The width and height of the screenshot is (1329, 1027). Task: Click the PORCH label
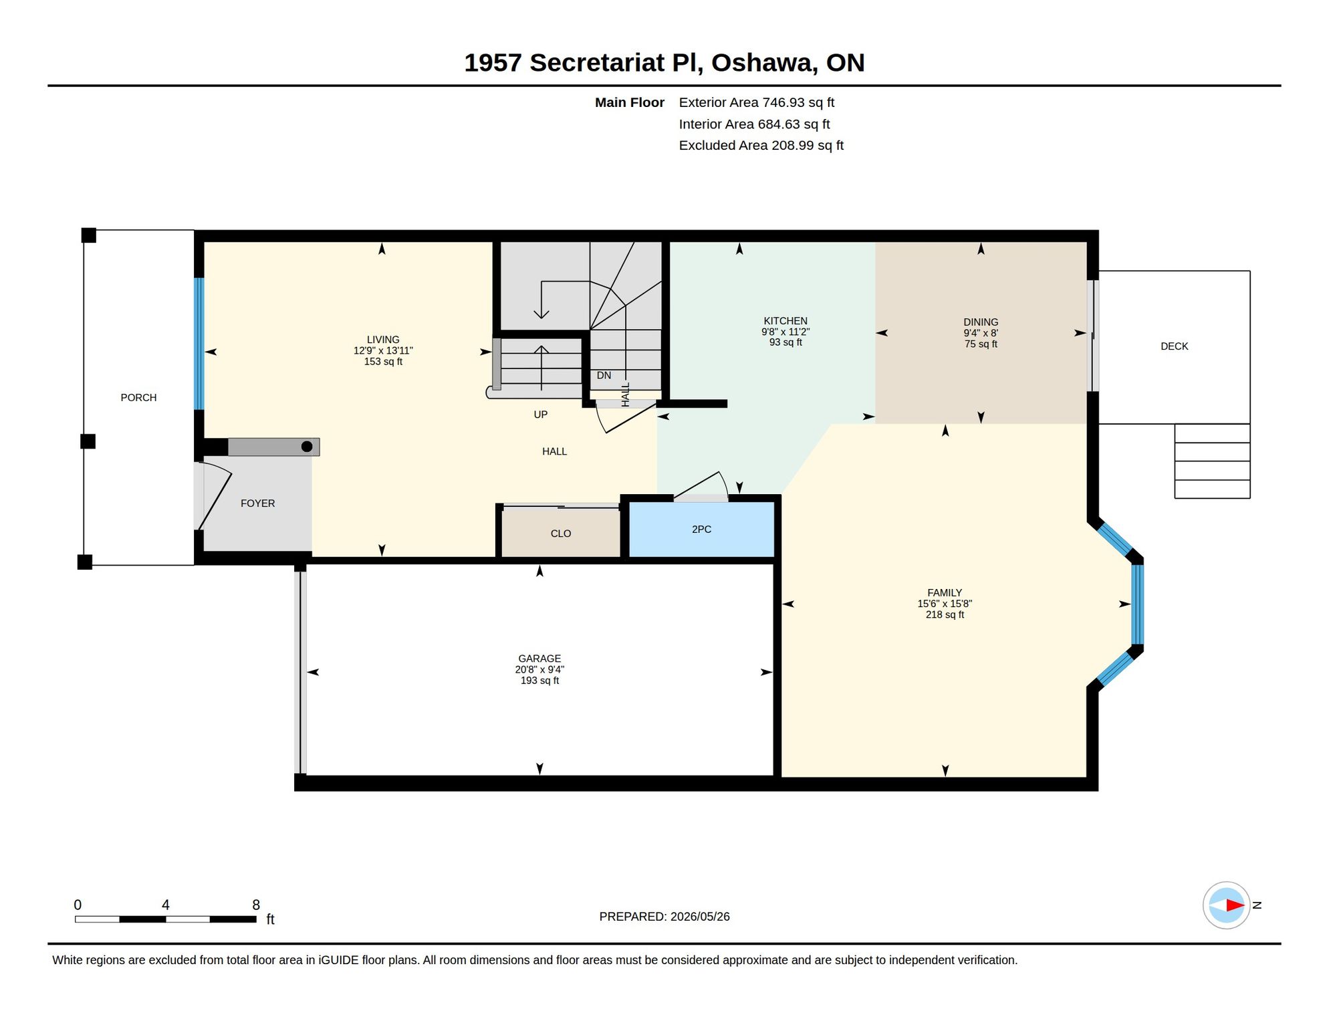[x=138, y=398]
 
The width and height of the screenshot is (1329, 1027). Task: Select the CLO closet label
[x=561, y=534]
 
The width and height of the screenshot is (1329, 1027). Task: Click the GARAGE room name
[x=539, y=659]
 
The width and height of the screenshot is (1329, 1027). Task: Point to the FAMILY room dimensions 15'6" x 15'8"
[x=945, y=604]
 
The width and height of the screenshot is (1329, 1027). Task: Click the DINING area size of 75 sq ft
[x=981, y=344]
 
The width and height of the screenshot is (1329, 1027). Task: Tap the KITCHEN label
[x=786, y=321]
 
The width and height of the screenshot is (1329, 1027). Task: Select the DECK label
[x=1175, y=346]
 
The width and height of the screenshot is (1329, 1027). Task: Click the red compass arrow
[x=1235, y=906]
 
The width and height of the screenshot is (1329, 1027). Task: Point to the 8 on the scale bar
[x=256, y=905]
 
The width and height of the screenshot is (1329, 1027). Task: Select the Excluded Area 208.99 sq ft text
[x=761, y=146]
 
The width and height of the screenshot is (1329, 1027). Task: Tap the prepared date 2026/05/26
[x=700, y=917]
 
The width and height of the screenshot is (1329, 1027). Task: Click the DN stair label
[x=604, y=376]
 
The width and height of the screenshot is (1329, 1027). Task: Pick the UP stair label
[x=541, y=415]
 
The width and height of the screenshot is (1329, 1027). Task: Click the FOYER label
[x=258, y=503]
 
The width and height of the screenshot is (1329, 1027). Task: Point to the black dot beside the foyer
[x=307, y=447]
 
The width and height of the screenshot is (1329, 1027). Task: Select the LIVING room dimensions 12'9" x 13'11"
[x=383, y=351]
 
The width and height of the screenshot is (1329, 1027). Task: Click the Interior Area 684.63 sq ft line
[x=754, y=124]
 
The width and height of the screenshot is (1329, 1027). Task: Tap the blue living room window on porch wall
[x=199, y=344]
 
